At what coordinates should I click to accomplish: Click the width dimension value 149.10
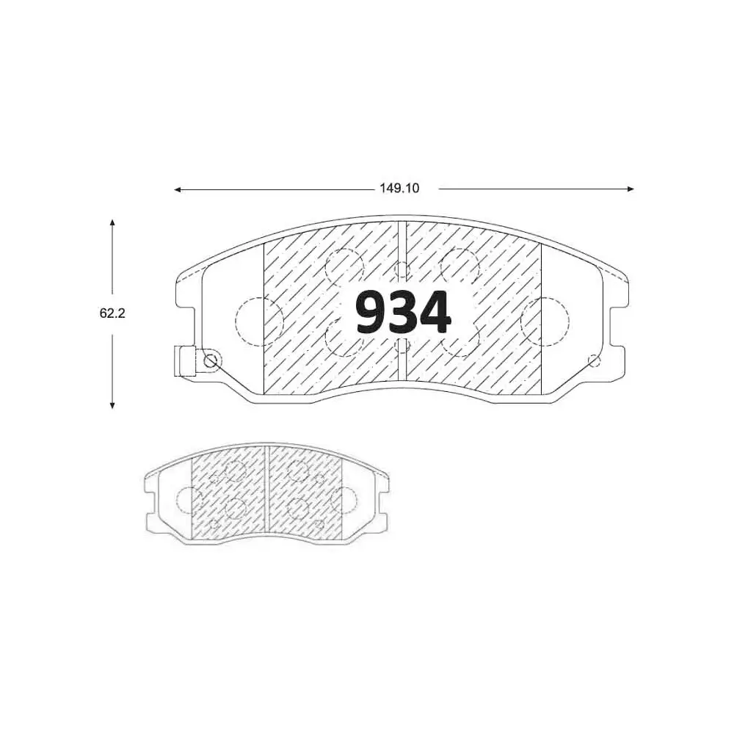click(399, 189)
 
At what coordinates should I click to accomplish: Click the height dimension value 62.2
click(112, 313)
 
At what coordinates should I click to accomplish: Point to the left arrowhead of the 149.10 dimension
click(177, 189)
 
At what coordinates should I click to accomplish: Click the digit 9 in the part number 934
click(371, 313)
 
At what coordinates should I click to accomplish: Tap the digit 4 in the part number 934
click(435, 313)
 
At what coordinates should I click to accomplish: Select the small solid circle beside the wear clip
click(211, 360)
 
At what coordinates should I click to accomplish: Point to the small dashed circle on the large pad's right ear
click(595, 360)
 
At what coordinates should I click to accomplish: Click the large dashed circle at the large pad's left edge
click(258, 321)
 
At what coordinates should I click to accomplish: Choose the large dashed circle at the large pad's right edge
click(545, 321)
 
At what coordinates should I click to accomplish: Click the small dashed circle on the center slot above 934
click(402, 269)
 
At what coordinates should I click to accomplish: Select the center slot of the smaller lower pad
click(267, 494)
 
